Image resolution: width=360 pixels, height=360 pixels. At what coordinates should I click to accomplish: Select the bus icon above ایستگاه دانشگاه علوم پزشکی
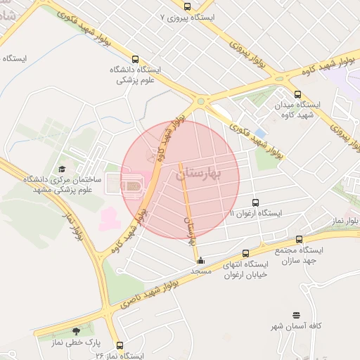[136, 60]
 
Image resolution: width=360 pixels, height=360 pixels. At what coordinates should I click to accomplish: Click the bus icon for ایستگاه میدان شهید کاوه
[297, 94]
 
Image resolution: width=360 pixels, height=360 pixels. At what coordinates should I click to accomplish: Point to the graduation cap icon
[62, 169]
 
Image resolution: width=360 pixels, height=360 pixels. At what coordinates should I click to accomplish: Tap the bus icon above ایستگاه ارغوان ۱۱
[255, 202]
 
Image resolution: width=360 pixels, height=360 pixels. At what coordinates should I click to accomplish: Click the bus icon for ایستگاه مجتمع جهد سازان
[300, 239]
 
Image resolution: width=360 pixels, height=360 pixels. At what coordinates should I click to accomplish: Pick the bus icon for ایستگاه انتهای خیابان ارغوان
[245, 253]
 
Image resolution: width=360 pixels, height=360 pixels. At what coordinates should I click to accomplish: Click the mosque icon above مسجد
[200, 259]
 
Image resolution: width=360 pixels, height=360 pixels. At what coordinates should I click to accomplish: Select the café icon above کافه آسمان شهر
[296, 316]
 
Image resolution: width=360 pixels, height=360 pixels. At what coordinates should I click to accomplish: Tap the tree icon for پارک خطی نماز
[75, 331]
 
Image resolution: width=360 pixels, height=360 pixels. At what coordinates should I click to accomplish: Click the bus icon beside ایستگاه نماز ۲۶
[120, 346]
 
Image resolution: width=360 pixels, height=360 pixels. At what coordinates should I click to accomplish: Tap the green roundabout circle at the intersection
[201, 102]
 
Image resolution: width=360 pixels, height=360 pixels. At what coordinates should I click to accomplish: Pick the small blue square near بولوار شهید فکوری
[260, 133]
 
